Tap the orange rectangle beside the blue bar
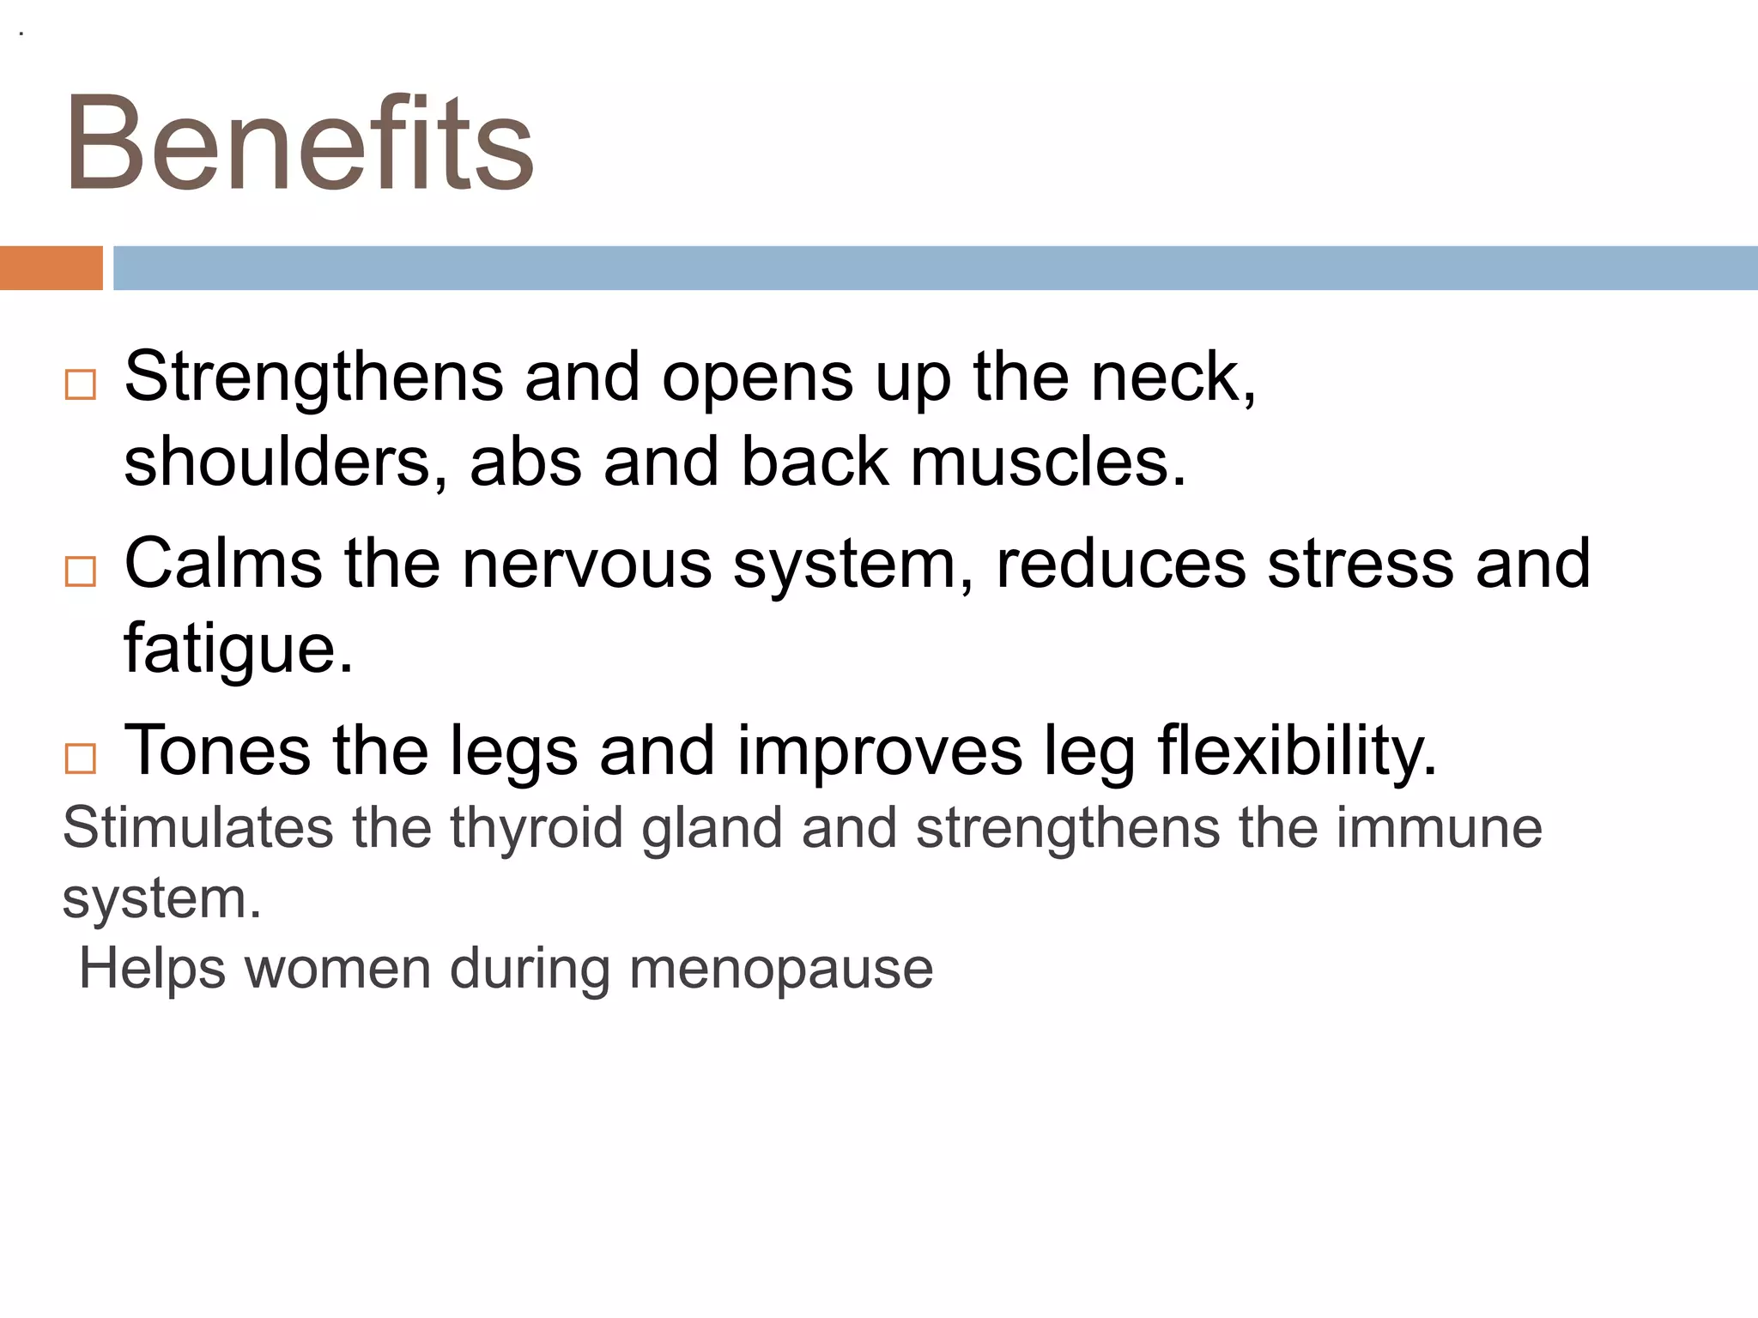(51, 268)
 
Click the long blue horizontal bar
(935, 268)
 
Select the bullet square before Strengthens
(81, 384)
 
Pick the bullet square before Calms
(81, 571)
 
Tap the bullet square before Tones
(81, 759)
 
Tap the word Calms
(223, 565)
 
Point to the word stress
(1361, 565)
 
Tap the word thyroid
(536, 828)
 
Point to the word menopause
(781, 969)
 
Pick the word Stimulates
(198, 828)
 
